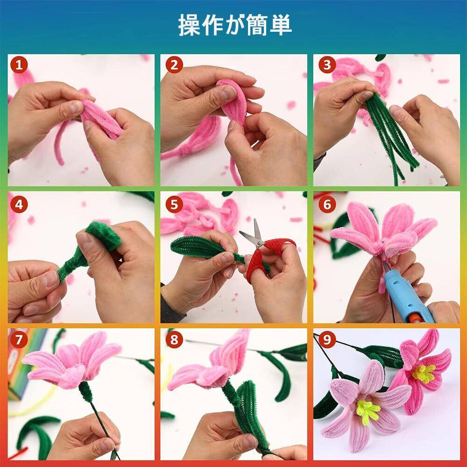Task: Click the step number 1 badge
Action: (19, 65)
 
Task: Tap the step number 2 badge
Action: (174, 65)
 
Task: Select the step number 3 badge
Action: (327, 65)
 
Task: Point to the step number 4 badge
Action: (19, 205)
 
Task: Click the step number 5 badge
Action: (174, 205)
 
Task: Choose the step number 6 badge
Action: (327, 205)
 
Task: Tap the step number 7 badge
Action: (19, 340)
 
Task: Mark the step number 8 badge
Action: (174, 340)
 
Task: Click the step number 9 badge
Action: (327, 340)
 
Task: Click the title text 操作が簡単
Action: (235, 26)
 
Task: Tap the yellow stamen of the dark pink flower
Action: (424, 374)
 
